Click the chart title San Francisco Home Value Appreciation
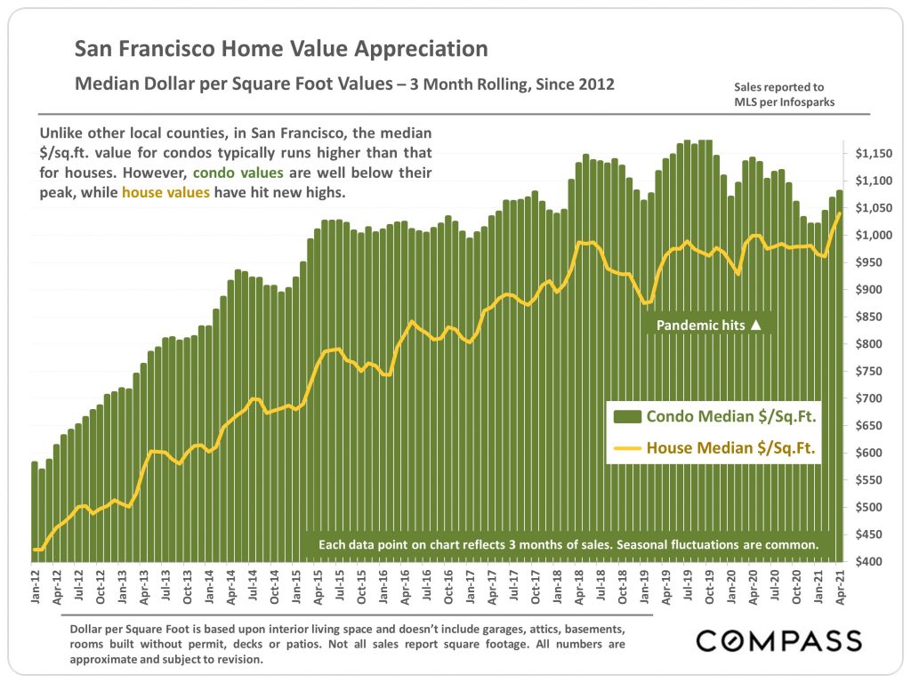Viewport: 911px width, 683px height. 281,49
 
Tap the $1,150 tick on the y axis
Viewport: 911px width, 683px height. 874,154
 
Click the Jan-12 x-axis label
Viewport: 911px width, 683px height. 36,587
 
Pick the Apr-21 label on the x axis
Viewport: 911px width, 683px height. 840,587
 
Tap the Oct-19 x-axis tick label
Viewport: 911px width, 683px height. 709,587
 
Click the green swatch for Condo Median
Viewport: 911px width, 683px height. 627,416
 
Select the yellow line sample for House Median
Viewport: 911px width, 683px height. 627,448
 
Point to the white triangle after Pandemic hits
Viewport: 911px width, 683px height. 756,325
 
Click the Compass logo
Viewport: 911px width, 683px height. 779,640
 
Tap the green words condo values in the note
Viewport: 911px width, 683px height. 238,173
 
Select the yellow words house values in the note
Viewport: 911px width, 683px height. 165,192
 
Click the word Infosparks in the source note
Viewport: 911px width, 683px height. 808,102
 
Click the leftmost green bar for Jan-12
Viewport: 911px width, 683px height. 35,511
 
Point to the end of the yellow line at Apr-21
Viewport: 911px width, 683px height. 840,213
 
